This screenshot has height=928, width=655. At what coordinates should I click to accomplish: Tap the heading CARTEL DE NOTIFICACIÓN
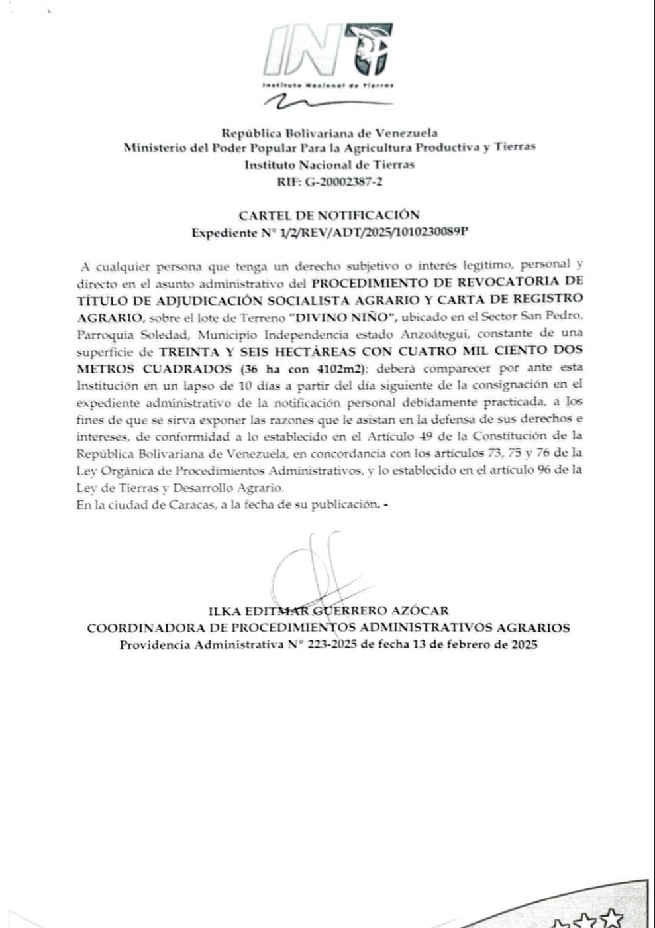329,215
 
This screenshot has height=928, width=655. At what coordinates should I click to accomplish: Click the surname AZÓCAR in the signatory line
421,610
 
